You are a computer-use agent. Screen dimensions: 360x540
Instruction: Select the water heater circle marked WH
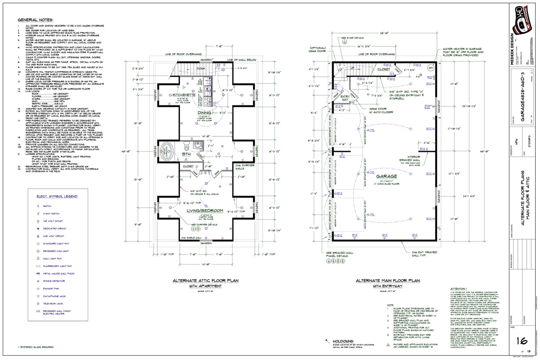430,68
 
